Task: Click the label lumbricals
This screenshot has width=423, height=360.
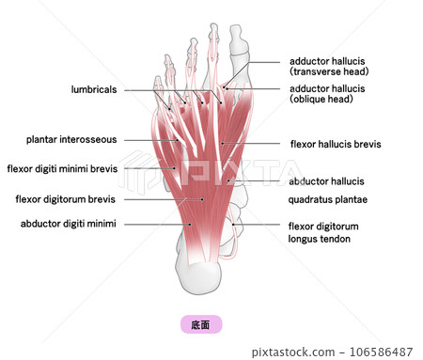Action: (x=94, y=89)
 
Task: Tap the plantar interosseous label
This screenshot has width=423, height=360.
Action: (x=71, y=140)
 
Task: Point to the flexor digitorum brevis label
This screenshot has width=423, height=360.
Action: (x=67, y=199)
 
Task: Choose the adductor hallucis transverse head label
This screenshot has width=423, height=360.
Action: (x=328, y=66)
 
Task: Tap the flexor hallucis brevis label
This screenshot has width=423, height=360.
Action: (x=336, y=145)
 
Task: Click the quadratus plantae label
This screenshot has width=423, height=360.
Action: (x=327, y=199)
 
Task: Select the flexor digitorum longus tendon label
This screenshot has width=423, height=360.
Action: (x=325, y=232)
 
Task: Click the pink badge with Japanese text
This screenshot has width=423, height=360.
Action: (x=200, y=323)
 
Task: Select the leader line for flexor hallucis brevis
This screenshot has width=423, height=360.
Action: (x=254, y=145)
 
